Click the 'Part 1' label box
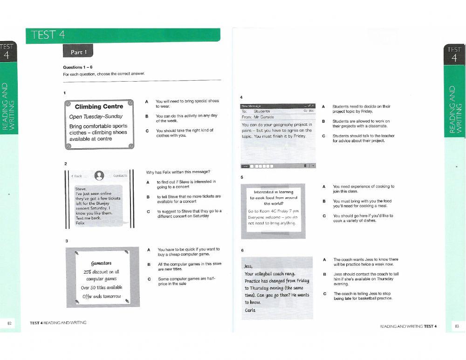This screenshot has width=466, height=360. pos(78,52)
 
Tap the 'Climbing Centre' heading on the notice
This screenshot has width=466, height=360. pos(99,107)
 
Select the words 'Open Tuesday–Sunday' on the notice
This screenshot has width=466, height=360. pos(96,117)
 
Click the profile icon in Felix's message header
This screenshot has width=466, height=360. pos(99,175)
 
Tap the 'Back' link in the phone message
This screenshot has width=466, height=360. pos(76,176)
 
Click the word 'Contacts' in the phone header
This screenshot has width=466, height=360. pos(120,176)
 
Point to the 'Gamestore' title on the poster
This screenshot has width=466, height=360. pos(101,263)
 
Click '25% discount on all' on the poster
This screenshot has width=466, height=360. pos(101,272)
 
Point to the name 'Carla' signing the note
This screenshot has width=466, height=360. pos(250,310)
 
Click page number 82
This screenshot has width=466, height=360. pos(9,323)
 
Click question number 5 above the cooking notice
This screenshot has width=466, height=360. pos(241,177)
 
